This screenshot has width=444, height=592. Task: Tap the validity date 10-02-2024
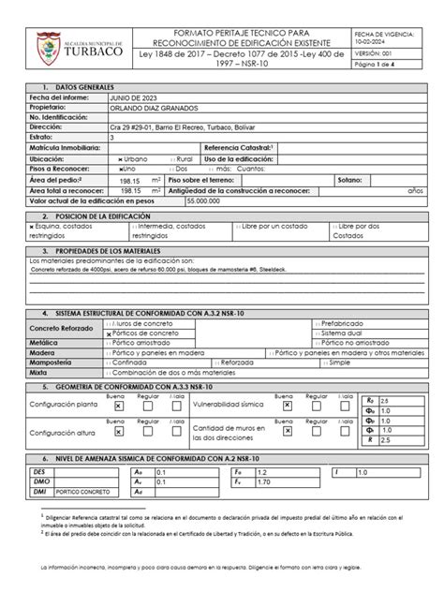coord(368,41)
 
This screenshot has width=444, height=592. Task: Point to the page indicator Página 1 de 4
coord(377,67)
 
